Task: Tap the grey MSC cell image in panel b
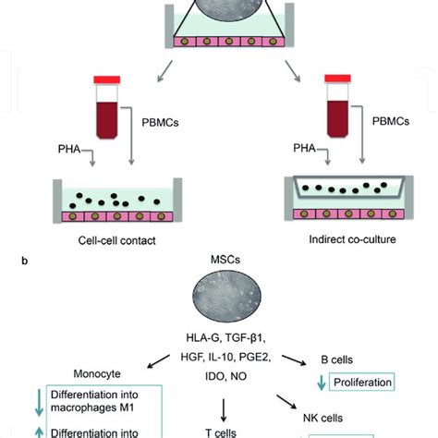(219, 310)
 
